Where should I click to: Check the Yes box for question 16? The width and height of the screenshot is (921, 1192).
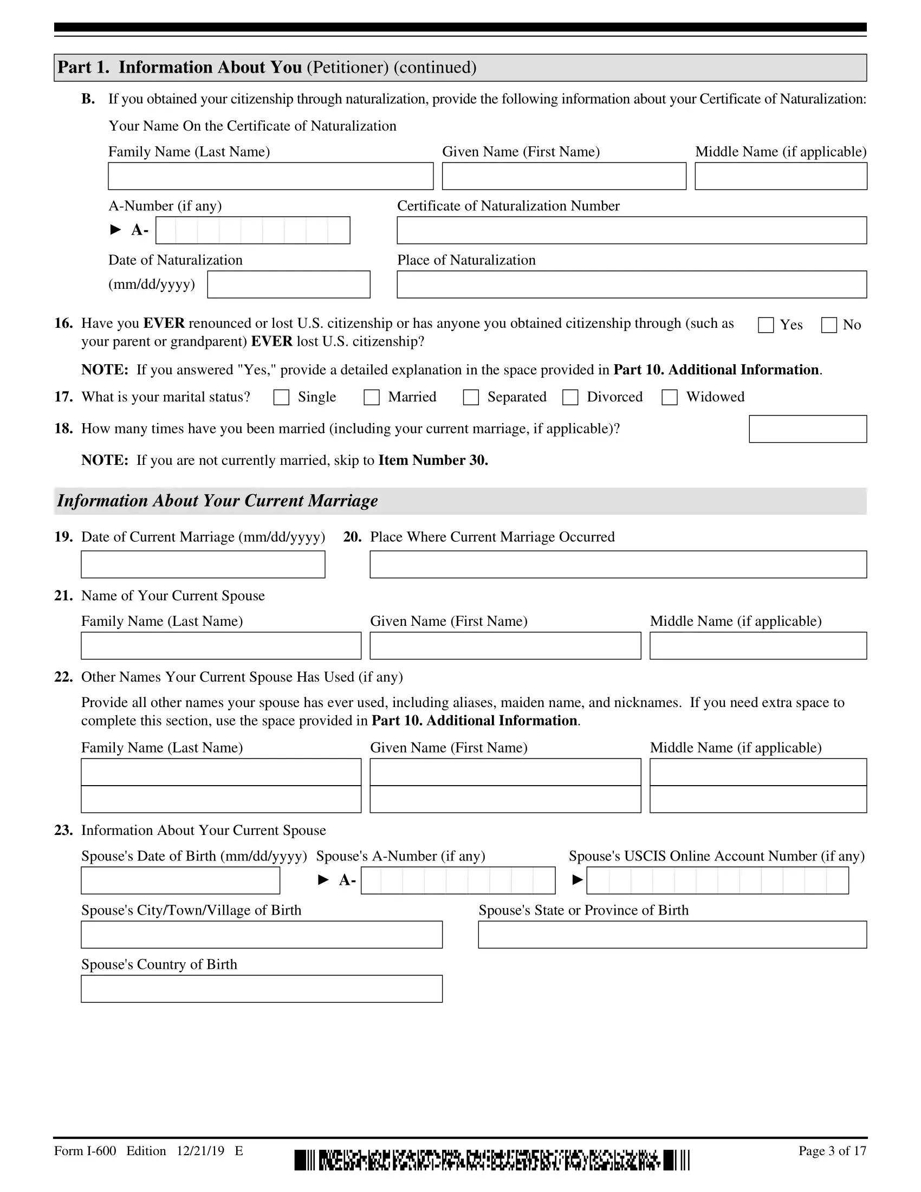tap(766, 325)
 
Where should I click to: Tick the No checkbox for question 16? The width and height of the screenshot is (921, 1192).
tap(829, 325)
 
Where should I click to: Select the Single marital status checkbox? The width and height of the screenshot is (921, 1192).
tap(281, 397)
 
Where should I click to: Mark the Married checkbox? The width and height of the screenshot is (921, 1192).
tap(372, 397)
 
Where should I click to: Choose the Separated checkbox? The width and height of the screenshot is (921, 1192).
tap(471, 397)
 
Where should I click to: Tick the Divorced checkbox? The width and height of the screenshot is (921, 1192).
tap(570, 397)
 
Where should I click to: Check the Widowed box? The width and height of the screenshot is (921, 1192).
tap(670, 397)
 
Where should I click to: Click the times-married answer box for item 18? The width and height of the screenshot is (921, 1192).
tap(808, 429)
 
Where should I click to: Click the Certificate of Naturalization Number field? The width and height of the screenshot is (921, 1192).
tap(631, 230)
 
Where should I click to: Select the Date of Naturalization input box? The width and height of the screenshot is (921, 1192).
tap(289, 284)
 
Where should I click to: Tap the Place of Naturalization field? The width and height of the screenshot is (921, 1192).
tap(631, 284)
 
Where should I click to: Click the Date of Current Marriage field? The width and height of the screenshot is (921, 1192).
tap(203, 565)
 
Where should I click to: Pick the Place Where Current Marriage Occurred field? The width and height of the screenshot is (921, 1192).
tap(618, 565)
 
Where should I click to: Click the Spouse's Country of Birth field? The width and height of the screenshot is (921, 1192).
tap(261, 989)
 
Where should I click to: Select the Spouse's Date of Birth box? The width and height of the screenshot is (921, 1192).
tap(180, 880)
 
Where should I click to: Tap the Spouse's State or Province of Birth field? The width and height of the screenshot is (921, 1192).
tap(672, 935)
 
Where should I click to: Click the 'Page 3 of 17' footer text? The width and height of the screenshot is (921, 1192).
tap(832, 1151)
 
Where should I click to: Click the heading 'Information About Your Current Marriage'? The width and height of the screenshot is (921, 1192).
tap(217, 501)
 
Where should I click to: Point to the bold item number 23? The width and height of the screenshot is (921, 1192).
tap(63, 830)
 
